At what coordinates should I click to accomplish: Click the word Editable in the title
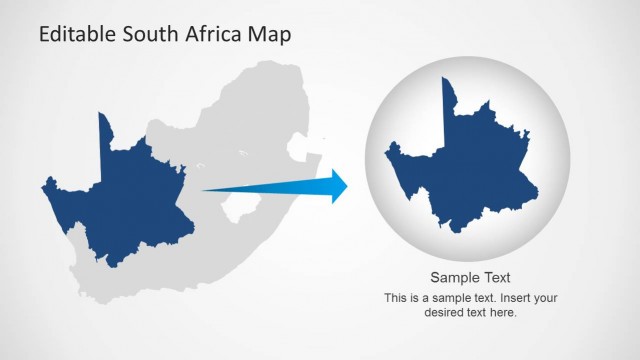point(79,36)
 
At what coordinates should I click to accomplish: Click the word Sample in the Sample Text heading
point(453,278)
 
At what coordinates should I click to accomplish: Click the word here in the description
point(502,312)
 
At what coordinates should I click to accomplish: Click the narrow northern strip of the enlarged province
point(450,100)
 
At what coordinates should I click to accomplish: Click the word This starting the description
point(397,297)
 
